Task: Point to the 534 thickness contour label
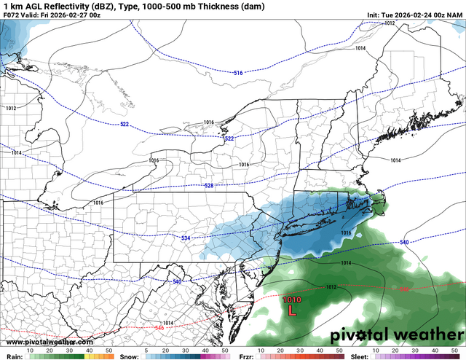tap(186, 238)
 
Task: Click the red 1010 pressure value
tap(291, 299)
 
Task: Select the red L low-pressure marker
tap(292, 310)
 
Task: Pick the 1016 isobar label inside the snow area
tap(346, 233)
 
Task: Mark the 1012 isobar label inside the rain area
tap(331, 287)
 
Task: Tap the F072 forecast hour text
tap(12, 15)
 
